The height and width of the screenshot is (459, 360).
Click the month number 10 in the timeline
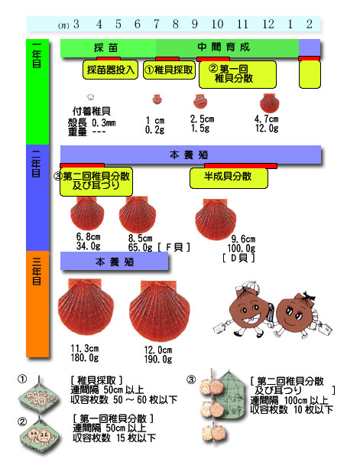(x=217, y=24)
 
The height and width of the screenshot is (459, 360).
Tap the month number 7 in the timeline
(x=157, y=24)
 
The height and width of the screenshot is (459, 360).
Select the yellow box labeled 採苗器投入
(x=110, y=70)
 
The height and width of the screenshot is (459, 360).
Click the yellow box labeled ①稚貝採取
(x=169, y=70)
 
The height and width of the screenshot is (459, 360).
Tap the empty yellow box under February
(x=310, y=74)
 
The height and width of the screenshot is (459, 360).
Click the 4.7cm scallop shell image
(x=269, y=103)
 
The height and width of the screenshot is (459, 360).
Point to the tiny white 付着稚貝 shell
(x=91, y=97)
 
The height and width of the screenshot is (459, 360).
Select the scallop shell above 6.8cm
(x=87, y=213)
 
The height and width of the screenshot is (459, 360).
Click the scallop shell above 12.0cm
(x=160, y=311)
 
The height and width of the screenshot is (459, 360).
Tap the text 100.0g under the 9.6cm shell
(x=242, y=249)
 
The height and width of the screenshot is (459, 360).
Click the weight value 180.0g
(x=85, y=358)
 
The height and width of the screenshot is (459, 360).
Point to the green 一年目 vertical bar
(x=37, y=92)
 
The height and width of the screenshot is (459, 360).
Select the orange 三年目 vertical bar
(x=37, y=304)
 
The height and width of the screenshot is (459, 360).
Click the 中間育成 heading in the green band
(x=224, y=47)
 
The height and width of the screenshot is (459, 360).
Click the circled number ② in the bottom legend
(x=22, y=422)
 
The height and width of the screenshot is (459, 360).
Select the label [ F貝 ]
(x=174, y=247)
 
